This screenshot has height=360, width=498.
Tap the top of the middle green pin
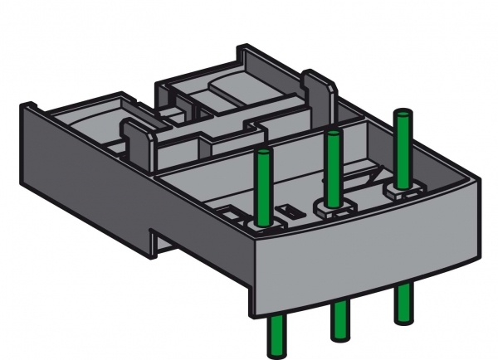point(334,135)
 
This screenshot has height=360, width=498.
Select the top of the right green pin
point(404,114)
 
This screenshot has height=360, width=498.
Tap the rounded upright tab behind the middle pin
point(314,91)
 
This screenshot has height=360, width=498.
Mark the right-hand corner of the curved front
point(480,176)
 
